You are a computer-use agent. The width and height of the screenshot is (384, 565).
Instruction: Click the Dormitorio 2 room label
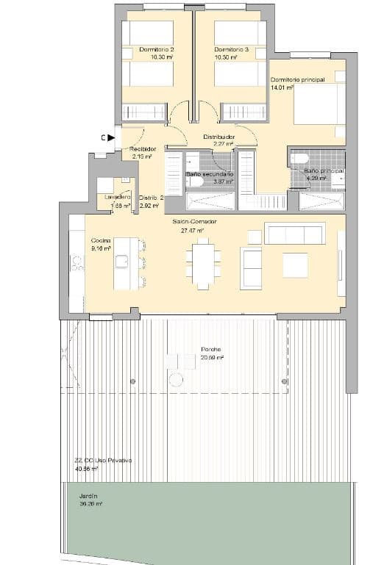157,50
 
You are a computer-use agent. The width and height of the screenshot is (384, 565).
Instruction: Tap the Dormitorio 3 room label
231,50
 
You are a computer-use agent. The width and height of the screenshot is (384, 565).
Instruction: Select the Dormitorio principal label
296,79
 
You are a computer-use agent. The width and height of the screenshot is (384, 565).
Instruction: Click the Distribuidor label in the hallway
218,137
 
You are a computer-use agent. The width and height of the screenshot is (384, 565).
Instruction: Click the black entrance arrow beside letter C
111,137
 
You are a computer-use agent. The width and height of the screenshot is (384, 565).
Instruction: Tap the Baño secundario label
210,174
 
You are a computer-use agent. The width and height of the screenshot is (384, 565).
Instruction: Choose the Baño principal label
324,170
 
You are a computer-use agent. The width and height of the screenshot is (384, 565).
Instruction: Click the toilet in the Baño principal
300,159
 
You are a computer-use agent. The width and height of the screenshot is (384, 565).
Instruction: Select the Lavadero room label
118,197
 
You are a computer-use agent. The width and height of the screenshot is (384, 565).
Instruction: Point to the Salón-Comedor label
195,221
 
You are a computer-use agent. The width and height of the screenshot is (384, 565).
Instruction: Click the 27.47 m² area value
192,230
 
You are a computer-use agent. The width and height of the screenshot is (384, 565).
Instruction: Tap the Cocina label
101,240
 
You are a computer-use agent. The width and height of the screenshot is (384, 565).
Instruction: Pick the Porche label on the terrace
212,349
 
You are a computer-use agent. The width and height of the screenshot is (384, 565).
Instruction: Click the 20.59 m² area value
212,358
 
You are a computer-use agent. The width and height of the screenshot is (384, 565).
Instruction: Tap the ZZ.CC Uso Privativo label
102,460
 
